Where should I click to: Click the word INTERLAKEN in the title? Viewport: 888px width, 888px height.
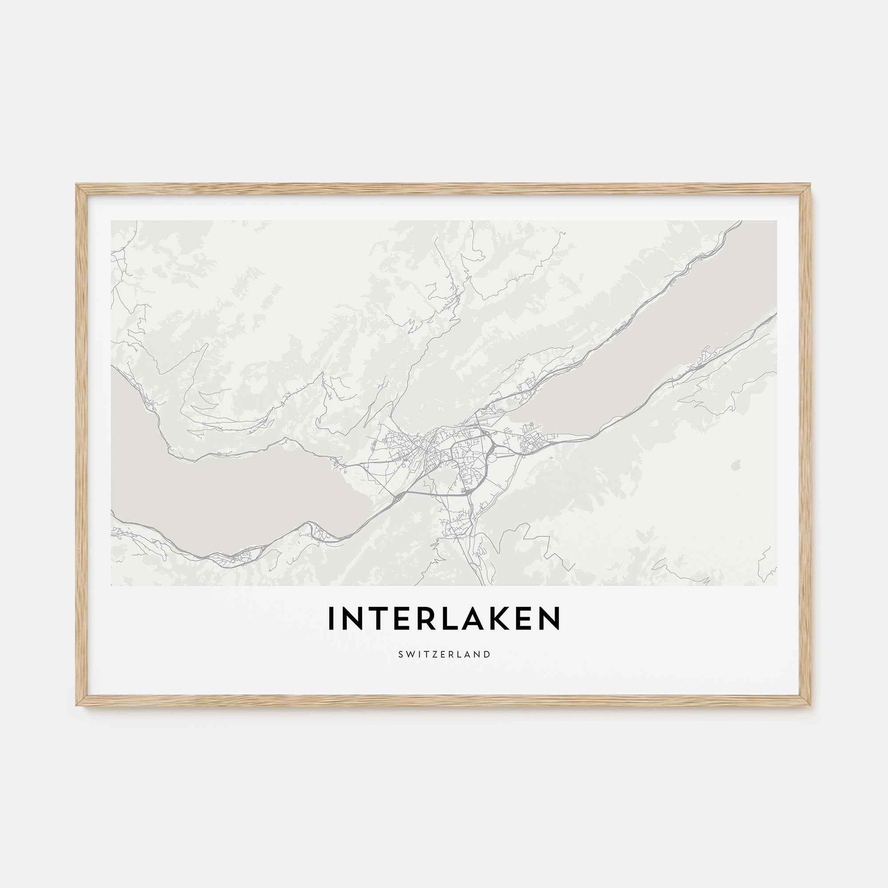(x=444, y=618)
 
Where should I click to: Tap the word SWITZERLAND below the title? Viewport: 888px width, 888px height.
(x=444, y=654)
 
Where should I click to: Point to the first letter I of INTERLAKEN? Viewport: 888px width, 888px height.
(x=330, y=618)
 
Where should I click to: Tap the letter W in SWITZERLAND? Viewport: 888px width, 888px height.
(x=408, y=654)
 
